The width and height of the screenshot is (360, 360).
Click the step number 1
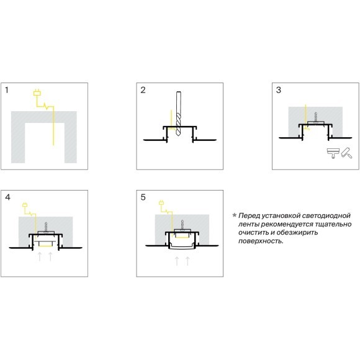tap(7, 90)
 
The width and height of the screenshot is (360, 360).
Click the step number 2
tap(143, 90)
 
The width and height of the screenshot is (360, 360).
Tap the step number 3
tap(279, 90)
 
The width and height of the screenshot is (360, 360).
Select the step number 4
tap(7, 197)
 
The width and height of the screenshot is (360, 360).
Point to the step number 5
tap(143, 197)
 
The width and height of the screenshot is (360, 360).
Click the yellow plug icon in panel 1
tap(37, 92)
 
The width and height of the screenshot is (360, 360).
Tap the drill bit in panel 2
tap(178, 113)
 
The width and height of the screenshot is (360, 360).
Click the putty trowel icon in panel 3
tap(333, 153)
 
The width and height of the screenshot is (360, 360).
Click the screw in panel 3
tap(316, 117)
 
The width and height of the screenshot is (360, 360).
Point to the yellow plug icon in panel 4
tap(25, 205)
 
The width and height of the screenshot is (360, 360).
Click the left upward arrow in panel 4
tap(40, 256)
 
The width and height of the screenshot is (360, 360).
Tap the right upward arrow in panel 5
tap(187, 261)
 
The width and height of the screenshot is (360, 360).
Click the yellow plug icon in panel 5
tap(161, 203)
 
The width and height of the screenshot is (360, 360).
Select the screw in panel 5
tap(182, 225)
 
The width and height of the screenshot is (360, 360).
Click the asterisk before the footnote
tap(234, 215)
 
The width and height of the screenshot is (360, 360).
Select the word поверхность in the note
tap(261, 241)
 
